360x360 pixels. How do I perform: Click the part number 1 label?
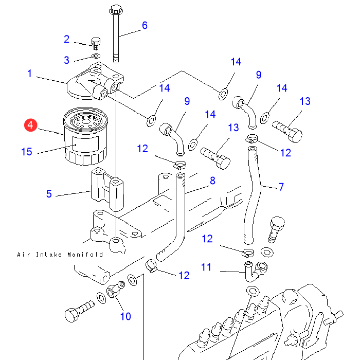point(30,74)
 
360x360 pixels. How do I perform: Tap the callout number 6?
point(145,25)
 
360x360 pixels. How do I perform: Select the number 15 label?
point(27,152)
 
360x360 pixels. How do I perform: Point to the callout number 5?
point(49,194)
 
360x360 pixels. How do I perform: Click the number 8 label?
point(212,181)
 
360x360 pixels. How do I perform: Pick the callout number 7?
point(281,187)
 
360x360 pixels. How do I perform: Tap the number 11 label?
point(206,267)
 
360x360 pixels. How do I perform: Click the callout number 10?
point(125,316)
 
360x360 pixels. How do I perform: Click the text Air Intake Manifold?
point(60,255)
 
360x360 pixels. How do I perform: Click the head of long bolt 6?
point(115,10)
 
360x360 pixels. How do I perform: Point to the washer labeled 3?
point(96,55)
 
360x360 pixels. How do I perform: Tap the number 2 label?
point(66,39)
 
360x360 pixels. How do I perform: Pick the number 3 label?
point(66,60)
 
